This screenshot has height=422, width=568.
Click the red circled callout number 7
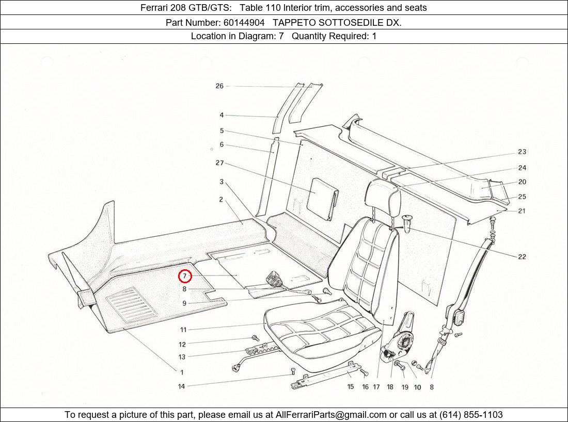[x=185, y=277]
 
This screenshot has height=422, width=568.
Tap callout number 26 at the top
[x=219, y=86]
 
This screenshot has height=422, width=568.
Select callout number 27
[x=219, y=163]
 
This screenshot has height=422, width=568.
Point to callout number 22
[x=522, y=257]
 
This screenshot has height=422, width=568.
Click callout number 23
[x=522, y=152]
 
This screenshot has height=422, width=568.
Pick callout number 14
[x=181, y=386]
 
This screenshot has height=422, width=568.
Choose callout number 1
[x=181, y=372]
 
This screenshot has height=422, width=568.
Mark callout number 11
[x=183, y=330]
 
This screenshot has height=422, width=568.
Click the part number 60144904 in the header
[x=244, y=22]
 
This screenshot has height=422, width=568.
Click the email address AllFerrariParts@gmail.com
[x=331, y=415]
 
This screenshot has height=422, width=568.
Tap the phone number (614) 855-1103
[x=470, y=415]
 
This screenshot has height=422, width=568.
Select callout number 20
[x=522, y=182]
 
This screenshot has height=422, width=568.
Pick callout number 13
[x=182, y=357]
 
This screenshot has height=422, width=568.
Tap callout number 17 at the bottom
[x=376, y=387]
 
